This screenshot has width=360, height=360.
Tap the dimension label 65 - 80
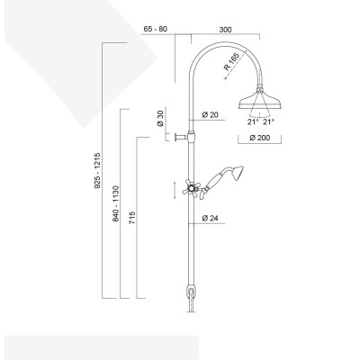coord(156,28)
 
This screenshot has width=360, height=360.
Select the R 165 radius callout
coord(231,68)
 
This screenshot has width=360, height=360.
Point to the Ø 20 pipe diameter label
coord(211,114)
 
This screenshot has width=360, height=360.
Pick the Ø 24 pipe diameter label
coord(211,219)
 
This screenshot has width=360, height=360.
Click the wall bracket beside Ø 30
coord(184,137)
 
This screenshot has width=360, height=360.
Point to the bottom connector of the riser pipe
coord(190,292)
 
